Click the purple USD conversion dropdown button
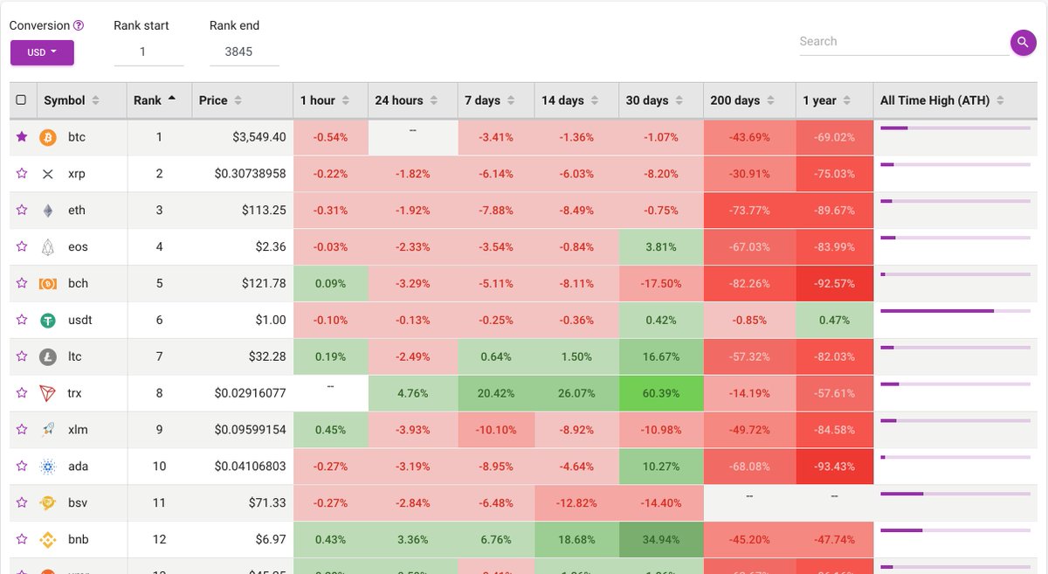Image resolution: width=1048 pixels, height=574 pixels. click(42, 52)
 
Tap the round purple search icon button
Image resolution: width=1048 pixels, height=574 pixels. click(1023, 42)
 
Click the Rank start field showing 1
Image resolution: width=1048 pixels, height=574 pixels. click(148, 52)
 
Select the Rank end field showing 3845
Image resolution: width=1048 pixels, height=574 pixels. click(244, 52)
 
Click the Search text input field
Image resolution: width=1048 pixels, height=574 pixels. click(903, 42)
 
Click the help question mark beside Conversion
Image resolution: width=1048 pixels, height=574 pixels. click(79, 26)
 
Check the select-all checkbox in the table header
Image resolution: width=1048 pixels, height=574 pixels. click(21, 100)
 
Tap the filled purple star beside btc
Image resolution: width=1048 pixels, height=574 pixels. click(22, 137)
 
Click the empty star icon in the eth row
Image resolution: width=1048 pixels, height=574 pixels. click(22, 211)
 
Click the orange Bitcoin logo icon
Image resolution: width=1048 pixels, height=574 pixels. click(48, 137)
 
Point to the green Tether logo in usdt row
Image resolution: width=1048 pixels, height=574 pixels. click(48, 321)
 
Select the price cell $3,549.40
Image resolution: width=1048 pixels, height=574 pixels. click(259, 137)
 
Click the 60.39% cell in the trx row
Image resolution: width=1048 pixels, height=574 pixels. click(661, 393)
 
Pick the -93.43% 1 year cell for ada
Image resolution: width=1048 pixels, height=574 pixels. click(834, 467)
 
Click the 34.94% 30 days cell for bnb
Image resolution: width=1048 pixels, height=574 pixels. click(661, 540)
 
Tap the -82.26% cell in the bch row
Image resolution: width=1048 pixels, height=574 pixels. click(749, 284)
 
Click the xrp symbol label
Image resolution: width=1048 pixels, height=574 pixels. click(76, 174)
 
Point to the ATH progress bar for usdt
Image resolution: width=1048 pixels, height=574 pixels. click(955, 311)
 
